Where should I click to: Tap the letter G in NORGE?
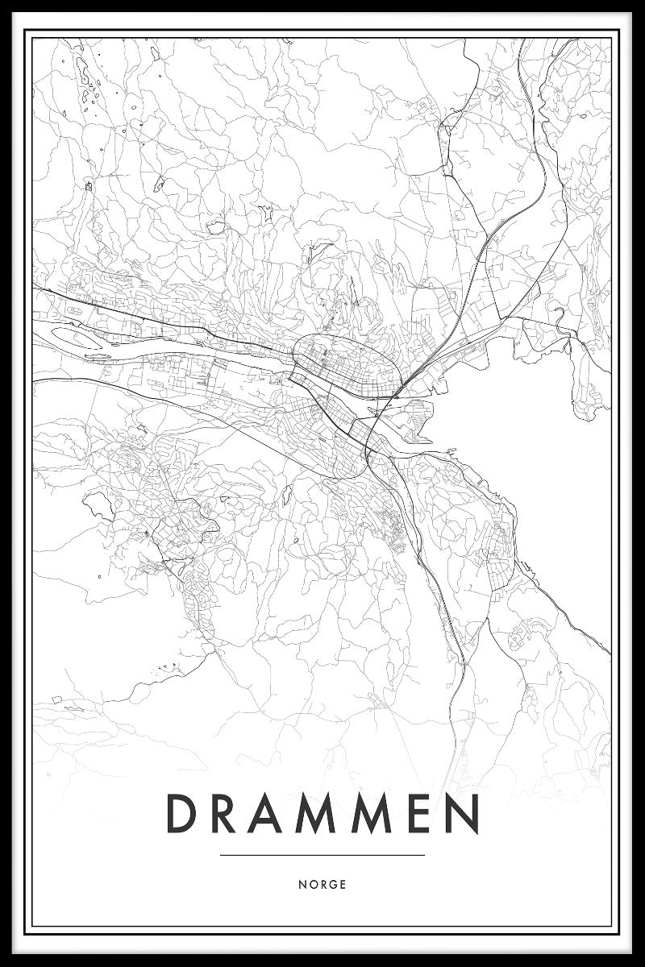(x=333, y=884)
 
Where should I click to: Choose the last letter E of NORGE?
(x=343, y=884)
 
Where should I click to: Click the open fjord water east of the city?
(x=556, y=451)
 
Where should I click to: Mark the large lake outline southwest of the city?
(x=98, y=505)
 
